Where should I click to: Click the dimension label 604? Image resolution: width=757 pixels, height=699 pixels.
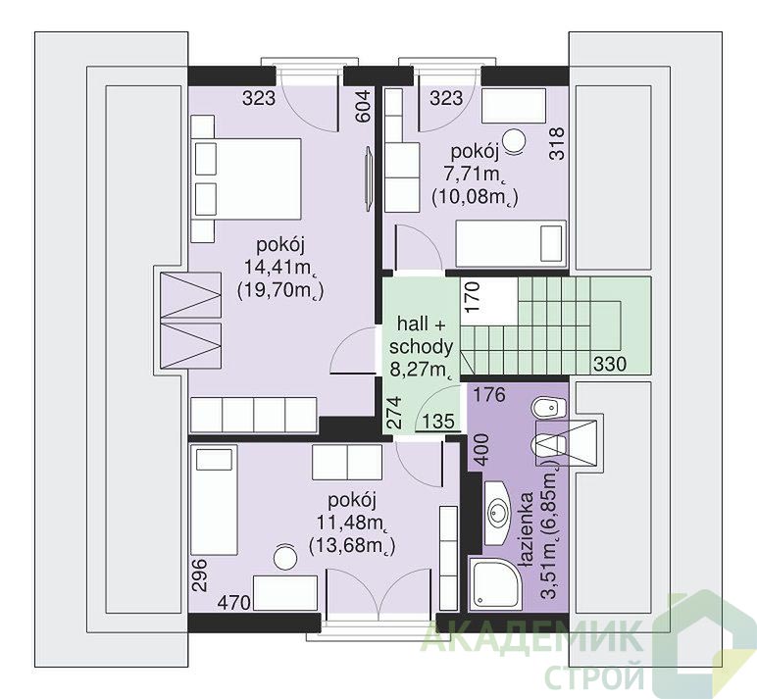tap(363, 107)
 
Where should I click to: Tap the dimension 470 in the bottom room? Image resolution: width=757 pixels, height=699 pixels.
tap(234, 602)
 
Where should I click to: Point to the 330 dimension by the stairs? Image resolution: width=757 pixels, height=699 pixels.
tap(610, 364)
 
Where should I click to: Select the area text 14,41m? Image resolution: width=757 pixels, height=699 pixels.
tap(280, 267)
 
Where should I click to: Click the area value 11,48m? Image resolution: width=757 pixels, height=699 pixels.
tap(353, 523)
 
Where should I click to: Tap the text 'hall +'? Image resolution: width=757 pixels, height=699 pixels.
tap(421, 324)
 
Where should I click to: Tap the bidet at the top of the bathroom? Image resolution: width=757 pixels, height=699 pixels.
tap(547, 409)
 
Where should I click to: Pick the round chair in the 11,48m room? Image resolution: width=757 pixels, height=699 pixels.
tap(284, 557)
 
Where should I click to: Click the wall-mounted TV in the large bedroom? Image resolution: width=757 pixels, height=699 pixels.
tap(370, 178)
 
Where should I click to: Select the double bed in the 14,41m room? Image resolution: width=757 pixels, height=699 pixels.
tap(246, 178)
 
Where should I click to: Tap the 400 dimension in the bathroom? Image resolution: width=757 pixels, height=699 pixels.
tap(483, 449)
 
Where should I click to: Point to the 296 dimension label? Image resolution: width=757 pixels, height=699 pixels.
tap(199, 574)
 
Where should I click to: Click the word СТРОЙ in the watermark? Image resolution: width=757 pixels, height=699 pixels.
tap(594, 676)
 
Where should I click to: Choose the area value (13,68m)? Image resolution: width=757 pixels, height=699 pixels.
tap(352, 546)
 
